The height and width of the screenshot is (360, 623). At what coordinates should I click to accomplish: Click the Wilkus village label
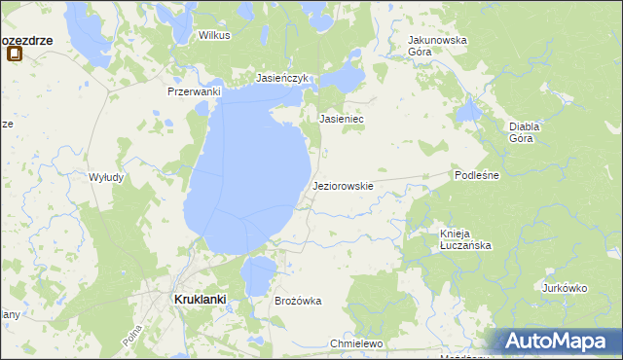[213, 35]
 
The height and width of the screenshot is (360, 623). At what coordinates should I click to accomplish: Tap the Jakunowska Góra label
[437, 46]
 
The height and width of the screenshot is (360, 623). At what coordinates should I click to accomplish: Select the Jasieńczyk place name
[281, 77]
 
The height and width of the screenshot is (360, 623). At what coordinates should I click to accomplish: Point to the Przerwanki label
[195, 91]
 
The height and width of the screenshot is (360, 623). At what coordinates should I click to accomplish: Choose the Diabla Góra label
[525, 132]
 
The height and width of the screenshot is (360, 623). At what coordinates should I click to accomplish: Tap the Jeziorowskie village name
[343, 185]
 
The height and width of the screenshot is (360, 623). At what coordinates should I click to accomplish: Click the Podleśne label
[477, 175]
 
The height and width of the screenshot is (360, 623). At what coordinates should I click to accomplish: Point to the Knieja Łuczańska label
[464, 239]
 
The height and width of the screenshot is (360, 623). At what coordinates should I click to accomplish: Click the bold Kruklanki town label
[201, 301]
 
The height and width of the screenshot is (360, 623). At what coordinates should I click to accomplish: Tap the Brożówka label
[298, 302]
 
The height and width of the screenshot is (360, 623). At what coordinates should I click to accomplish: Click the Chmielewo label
[357, 344]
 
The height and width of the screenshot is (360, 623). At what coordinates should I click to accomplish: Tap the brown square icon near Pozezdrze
[15, 54]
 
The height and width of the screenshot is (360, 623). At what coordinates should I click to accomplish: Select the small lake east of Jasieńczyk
[343, 77]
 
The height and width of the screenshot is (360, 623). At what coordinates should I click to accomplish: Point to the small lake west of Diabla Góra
[470, 111]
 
